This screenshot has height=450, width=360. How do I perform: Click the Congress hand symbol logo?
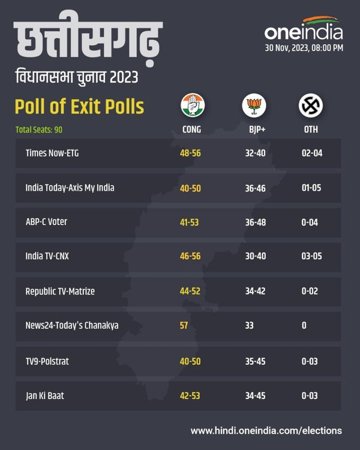point(191,106)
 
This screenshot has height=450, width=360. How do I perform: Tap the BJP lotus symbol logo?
point(252,106)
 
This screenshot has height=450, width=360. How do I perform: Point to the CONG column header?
point(191,130)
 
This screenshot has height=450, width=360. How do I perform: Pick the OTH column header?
point(311,130)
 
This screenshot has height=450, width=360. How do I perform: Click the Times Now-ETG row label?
point(52,153)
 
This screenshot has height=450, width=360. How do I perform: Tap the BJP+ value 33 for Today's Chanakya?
point(250,325)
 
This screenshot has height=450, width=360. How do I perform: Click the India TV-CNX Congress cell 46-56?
point(190,256)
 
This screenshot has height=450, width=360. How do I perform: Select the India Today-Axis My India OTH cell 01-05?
point(311,188)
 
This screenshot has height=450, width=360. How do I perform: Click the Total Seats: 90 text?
point(38,130)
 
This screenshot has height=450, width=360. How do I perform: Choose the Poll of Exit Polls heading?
point(79,107)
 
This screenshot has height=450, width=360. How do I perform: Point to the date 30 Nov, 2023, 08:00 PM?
point(304,48)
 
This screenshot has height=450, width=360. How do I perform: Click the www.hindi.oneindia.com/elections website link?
point(266,430)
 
